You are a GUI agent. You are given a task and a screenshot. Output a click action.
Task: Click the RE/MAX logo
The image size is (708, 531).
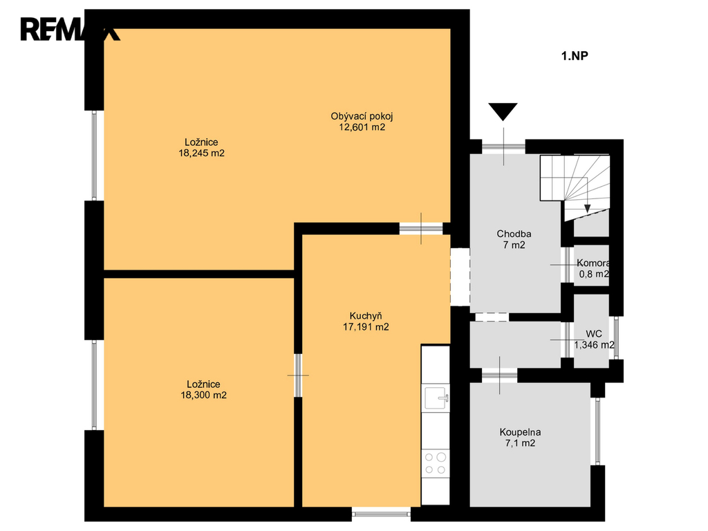(70, 29)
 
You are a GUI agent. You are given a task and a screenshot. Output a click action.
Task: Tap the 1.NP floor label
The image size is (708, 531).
(575, 55)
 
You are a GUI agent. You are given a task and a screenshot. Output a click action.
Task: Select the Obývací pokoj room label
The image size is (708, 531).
(362, 116)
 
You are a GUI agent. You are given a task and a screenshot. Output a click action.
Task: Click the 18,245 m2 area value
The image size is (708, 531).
(201, 153)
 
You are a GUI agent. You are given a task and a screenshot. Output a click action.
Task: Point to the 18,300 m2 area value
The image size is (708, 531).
(204, 395)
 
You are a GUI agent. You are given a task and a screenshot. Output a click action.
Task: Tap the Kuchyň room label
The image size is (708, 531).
(366, 315)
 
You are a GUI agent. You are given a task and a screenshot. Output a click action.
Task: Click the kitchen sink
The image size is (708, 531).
(436, 398)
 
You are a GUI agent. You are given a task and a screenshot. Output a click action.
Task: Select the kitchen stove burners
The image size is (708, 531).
(436, 463)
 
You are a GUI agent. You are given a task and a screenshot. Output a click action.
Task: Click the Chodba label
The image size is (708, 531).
(514, 234)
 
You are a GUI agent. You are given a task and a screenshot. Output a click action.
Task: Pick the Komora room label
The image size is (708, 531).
(593, 263)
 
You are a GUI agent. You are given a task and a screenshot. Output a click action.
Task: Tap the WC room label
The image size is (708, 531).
(594, 334)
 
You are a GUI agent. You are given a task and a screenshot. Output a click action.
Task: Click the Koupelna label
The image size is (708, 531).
(520, 432)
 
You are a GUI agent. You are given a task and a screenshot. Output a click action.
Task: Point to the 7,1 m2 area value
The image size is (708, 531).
(520, 443)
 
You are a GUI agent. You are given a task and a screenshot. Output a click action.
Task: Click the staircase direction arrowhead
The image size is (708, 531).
(587, 209)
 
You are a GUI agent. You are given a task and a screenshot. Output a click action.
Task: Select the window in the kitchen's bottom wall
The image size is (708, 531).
(381, 513)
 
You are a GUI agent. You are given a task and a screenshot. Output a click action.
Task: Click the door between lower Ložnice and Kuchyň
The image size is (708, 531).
(298, 375)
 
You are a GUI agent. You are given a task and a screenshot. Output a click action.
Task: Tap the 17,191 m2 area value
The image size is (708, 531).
(366, 327)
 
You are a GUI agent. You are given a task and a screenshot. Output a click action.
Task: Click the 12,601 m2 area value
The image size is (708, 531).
(362, 127)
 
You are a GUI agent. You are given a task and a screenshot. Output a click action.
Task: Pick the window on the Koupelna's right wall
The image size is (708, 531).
(597, 431)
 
